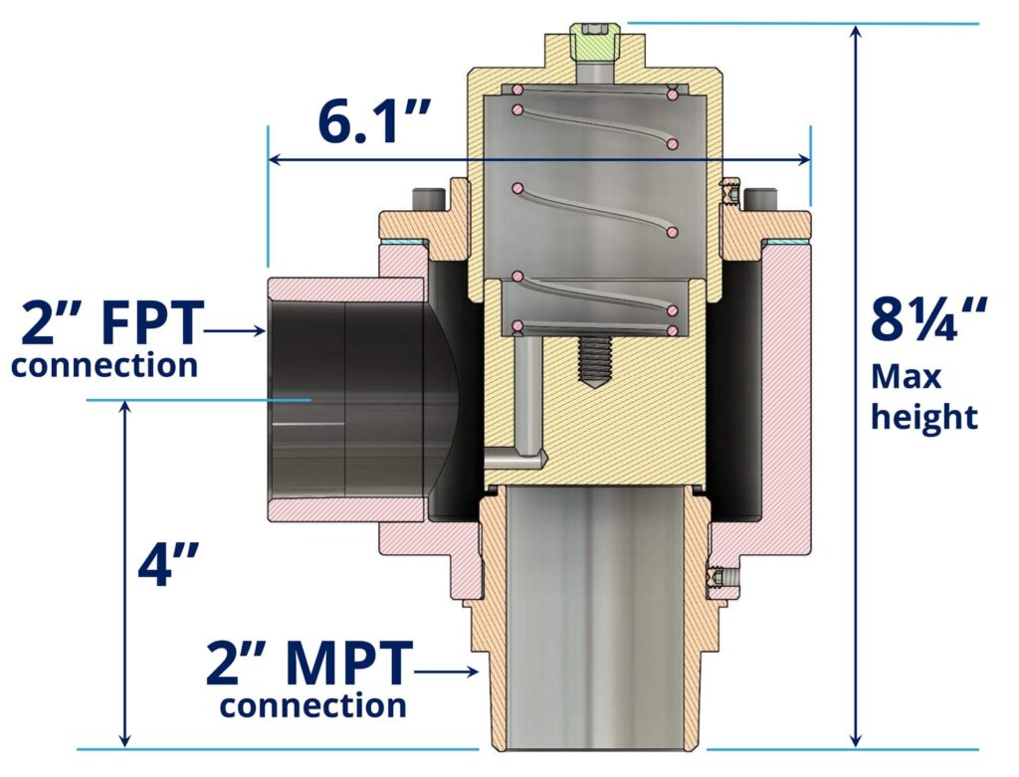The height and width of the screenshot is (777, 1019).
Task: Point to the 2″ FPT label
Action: point(109,324)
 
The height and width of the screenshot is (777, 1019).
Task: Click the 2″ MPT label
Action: point(309,663)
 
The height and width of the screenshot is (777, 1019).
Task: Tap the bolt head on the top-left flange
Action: point(430,197)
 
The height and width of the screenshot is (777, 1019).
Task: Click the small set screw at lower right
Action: point(722,576)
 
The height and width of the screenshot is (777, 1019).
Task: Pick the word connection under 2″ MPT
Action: point(312,706)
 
